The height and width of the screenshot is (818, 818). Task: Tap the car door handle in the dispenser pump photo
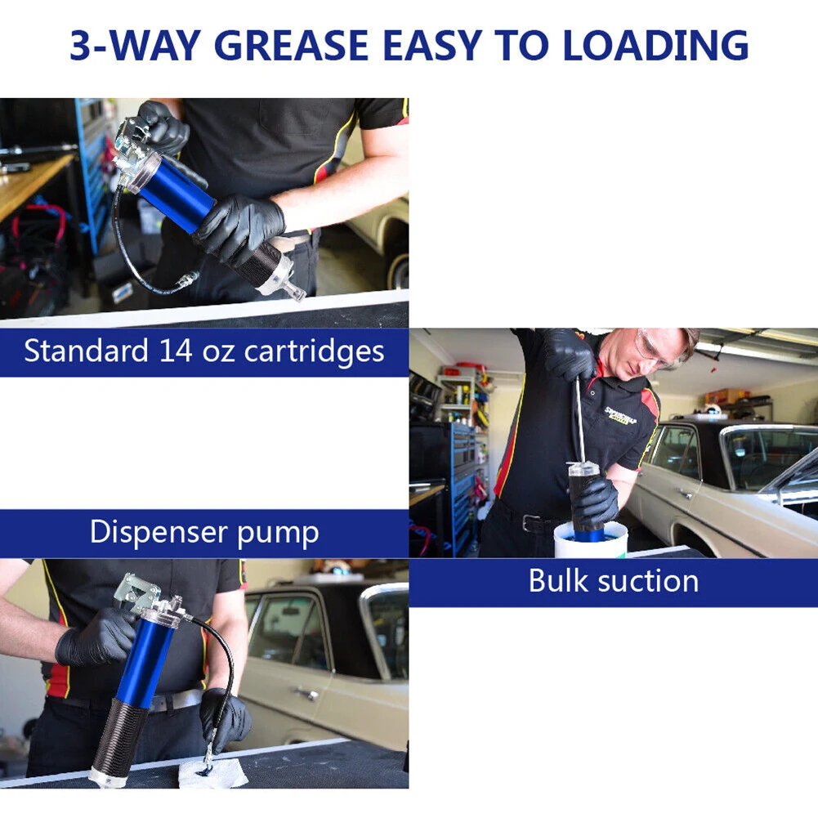click(x=306, y=694)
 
